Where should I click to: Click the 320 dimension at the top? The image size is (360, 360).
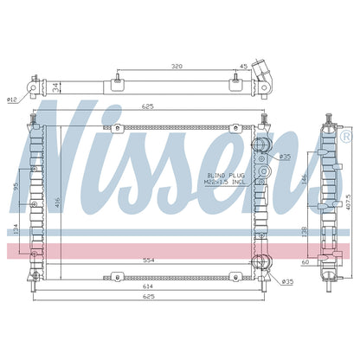coord(177,67)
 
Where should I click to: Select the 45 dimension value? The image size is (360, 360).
coord(244,67)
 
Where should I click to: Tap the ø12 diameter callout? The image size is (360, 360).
coord(12,100)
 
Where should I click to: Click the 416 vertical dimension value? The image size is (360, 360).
coord(57,202)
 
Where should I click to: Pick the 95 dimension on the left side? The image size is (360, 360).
coord(16,186)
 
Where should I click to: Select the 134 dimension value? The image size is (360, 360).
coord(16,229)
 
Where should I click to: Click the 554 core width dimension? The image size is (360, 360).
coord(149,260)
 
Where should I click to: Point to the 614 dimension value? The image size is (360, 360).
coord(149,286)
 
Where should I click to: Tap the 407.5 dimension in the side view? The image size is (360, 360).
coord(349,202)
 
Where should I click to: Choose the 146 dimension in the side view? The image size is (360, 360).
coord(304,180)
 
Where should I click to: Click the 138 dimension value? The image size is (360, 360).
coord(304,232)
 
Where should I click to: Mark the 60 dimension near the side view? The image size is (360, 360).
coord(305,262)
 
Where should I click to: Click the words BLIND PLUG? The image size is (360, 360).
coord(226,175)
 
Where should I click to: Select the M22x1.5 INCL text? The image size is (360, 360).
coord(224,182)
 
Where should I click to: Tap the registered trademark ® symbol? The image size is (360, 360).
coord(345,137)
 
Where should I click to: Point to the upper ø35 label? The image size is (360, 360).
coord(285,157)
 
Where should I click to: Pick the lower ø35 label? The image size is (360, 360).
coord(287,281)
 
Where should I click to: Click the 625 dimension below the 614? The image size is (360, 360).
coord(149,297)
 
